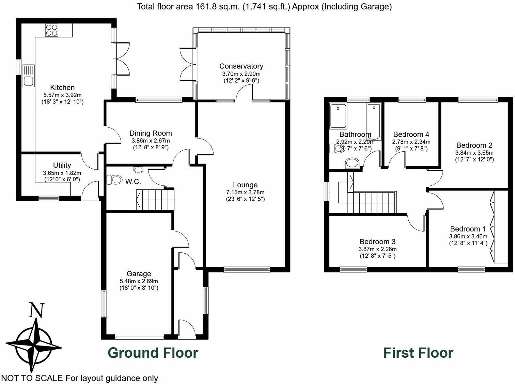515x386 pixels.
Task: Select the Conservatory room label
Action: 241,66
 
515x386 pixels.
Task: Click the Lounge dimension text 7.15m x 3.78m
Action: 245,192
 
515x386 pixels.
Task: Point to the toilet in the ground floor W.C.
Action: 114,180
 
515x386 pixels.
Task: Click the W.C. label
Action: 133,182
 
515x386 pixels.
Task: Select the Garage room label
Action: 139,273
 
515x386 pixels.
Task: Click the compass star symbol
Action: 34,347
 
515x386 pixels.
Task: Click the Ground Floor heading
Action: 153,353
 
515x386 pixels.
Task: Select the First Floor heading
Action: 418,353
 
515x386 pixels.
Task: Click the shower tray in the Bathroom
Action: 338,116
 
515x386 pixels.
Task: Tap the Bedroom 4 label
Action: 411,134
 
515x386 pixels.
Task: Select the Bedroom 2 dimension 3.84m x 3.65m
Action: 474,153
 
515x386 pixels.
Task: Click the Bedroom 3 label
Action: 377,241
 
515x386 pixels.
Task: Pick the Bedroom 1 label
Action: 468,229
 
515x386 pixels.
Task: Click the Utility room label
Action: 62,165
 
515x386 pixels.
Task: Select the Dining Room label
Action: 151,133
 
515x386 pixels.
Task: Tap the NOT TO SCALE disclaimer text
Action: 80,378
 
